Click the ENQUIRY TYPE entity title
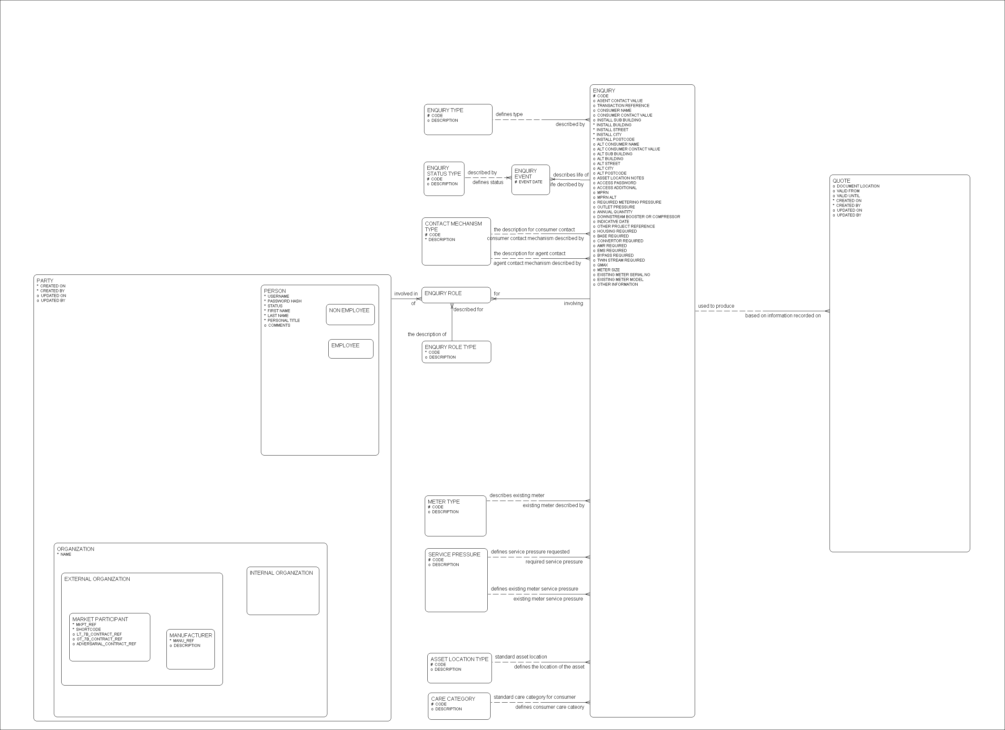pyautogui.click(x=445, y=110)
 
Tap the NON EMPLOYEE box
pyautogui.click(x=349, y=310)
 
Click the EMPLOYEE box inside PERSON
pyautogui.click(x=345, y=345)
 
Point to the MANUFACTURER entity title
pyautogui.click(x=191, y=635)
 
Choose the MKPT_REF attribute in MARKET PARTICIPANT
pyautogui.click(x=86, y=625)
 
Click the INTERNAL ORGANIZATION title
pyautogui.click(x=281, y=573)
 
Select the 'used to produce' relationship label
pyautogui.click(x=716, y=306)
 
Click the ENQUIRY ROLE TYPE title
pyautogui.click(x=450, y=347)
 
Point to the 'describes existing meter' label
pyautogui.click(x=517, y=495)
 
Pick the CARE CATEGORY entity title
pyautogui.click(x=453, y=698)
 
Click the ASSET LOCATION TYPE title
pyautogui.click(x=459, y=659)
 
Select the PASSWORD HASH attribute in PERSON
pyautogui.click(x=284, y=301)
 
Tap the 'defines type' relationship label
pyautogui.click(x=509, y=114)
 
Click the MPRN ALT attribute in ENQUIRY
pyautogui.click(x=607, y=197)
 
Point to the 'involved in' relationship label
pyautogui.click(x=406, y=293)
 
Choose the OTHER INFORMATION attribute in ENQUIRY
pyautogui.click(x=617, y=284)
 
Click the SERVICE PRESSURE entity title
pyautogui.click(x=454, y=554)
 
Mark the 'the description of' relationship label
pyautogui.click(x=427, y=334)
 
